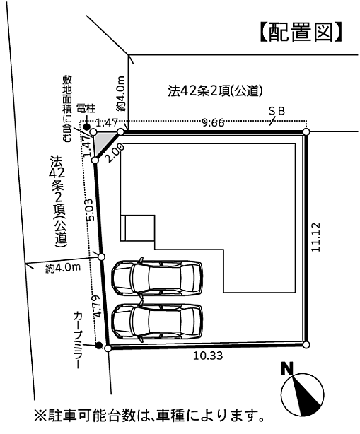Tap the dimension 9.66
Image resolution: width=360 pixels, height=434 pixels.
(213, 122)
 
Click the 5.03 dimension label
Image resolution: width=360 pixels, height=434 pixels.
(87, 211)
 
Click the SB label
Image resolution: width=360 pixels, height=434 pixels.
(277, 111)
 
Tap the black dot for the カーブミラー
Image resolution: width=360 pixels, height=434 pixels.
(99, 346)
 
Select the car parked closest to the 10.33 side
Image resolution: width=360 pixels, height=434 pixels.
(157, 322)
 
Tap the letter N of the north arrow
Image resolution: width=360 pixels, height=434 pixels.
(287, 368)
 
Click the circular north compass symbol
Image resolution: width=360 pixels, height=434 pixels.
(303, 394)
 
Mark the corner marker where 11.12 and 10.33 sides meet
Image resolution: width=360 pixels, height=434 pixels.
(306, 345)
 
